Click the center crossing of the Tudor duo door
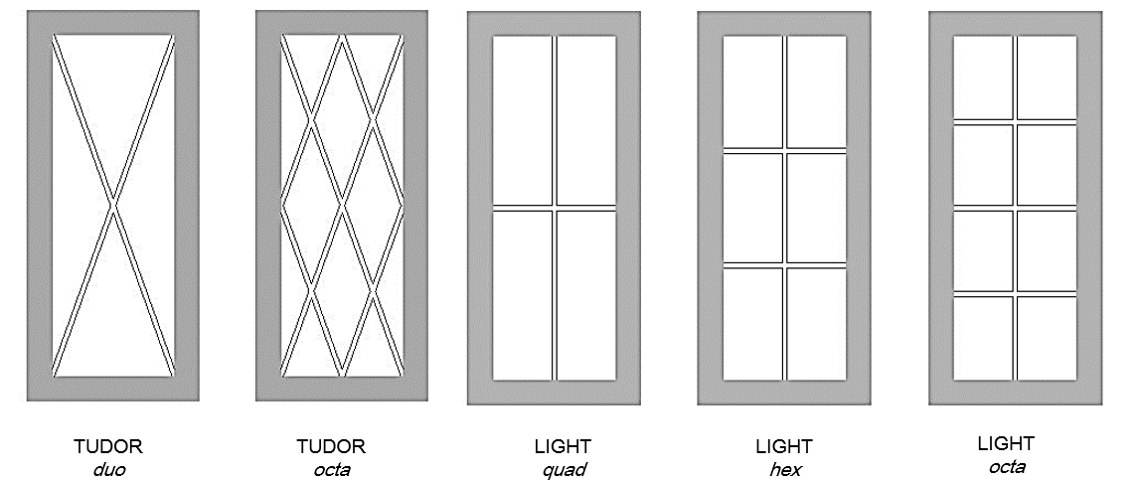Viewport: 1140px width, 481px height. coord(114,206)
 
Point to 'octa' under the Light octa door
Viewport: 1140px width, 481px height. coord(1007,465)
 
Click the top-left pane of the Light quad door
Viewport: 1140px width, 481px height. coord(523,120)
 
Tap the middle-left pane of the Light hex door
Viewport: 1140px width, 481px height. coord(752,207)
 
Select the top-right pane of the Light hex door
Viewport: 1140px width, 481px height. coord(817,91)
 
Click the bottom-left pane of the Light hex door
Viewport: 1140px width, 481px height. coord(752,323)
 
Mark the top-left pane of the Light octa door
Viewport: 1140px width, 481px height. coord(983,77)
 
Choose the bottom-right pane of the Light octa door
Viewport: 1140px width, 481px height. coord(1047,336)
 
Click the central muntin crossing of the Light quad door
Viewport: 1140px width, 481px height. coord(555,207)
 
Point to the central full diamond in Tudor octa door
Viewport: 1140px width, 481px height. coord(343,206)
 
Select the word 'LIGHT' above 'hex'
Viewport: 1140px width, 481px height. coord(784,446)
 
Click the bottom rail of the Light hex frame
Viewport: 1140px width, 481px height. coord(784,393)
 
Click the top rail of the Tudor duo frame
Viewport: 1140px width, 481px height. coord(114,22)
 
